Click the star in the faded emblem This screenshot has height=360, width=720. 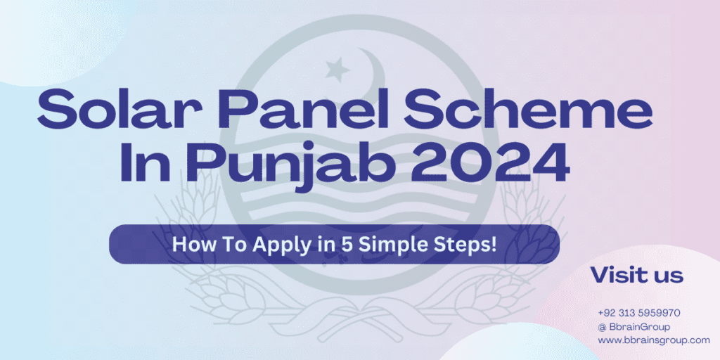pyautogui.click(x=338, y=69)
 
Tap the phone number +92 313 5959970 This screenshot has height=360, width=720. pyautogui.click(x=638, y=313)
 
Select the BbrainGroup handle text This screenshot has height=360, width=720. pyautogui.click(x=640, y=327)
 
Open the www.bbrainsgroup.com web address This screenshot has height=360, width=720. pyautogui.click(x=654, y=341)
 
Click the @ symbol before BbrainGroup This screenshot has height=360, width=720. pyautogui.click(x=602, y=327)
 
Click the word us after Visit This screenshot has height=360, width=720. pyautogui.click(x=668, y=276)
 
